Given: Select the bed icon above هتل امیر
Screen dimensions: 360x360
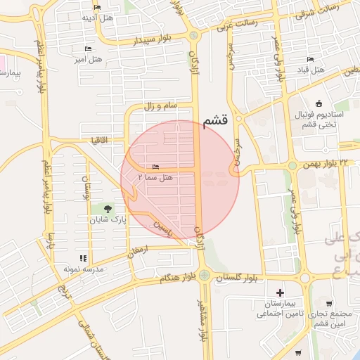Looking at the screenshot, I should [88, 49].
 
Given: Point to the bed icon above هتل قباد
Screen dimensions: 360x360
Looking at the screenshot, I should [310, 59].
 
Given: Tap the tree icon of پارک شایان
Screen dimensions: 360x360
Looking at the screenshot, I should [108, 209].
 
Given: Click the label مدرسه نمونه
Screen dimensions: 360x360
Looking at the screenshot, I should [83, 269].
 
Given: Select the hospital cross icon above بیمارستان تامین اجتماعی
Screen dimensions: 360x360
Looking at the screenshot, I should [281, 292].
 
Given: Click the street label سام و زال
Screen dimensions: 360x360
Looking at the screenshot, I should [158, 105].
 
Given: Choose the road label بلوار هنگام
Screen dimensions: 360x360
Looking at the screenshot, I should [174, 279].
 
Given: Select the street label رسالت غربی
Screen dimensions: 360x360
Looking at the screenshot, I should [237, 23].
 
